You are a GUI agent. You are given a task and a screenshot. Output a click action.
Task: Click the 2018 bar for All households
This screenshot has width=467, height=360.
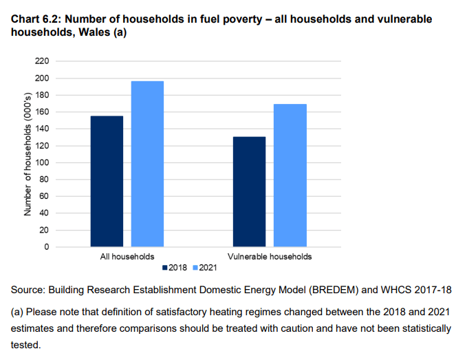click(x=107, y=181)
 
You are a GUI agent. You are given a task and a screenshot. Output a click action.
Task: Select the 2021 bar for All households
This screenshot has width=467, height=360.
click(x=147, y=164)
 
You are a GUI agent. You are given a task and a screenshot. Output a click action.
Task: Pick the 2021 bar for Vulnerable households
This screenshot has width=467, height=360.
click(x=290, y=175)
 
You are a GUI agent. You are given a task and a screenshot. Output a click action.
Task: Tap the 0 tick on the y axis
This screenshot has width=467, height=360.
click(x=46, y=246)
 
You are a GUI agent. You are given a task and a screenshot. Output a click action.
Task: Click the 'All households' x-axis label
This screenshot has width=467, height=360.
click(x=127, y=256)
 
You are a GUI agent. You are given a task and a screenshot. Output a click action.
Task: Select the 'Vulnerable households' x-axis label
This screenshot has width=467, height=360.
click(x=270, y=256)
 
